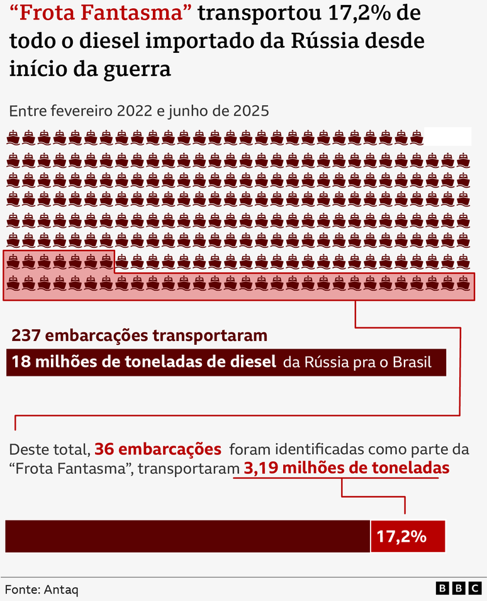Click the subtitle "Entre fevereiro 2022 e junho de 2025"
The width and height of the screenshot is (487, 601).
tap(139, 111)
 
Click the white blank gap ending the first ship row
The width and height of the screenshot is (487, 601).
tap(447, 136)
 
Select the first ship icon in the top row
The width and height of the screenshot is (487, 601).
tap(13, 137)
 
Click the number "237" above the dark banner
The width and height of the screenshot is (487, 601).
tap(26, 335)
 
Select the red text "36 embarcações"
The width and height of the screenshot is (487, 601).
tap(157, 449)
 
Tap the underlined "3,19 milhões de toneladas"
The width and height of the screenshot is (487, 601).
tap(345, 468)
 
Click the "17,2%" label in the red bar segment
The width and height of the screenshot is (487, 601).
tap(401, 537)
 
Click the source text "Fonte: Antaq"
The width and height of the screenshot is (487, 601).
tap(42, 590)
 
